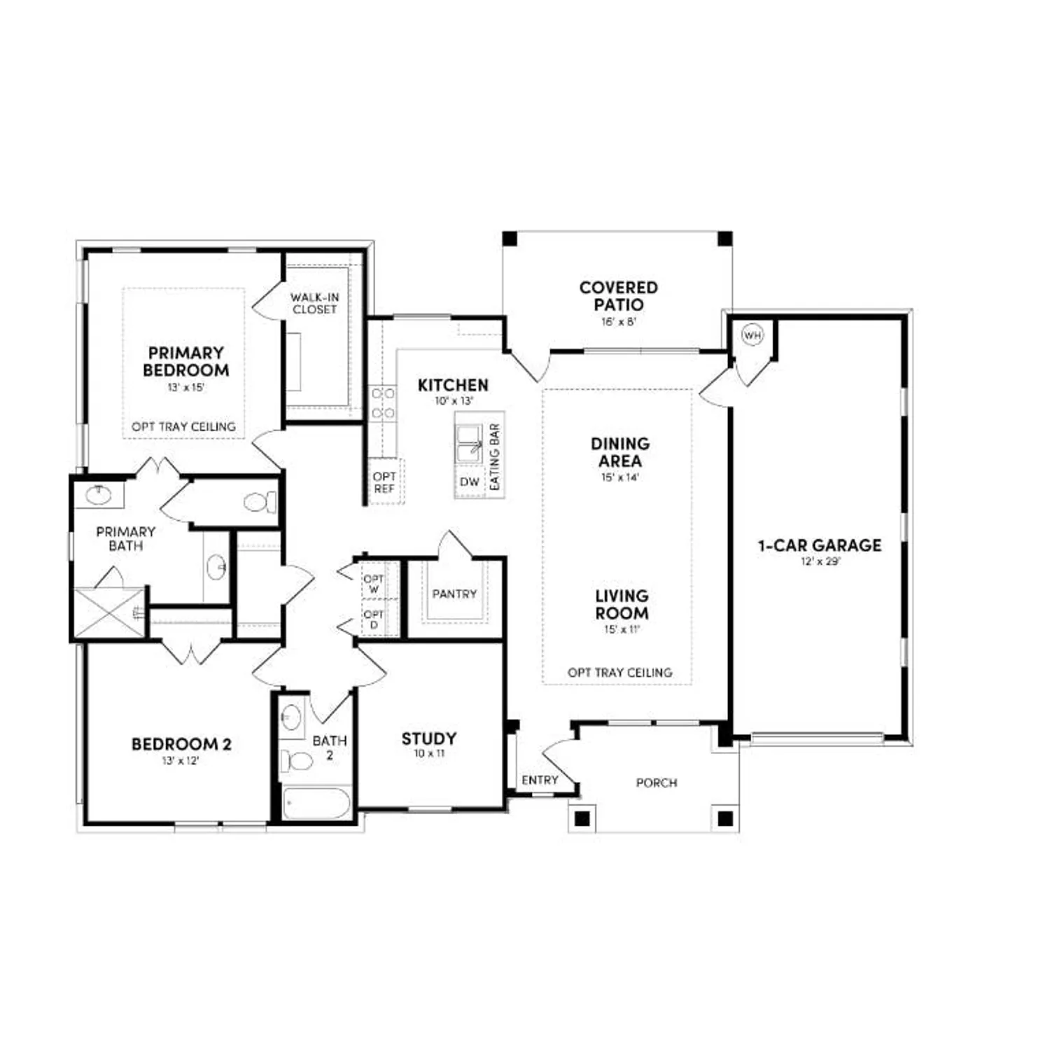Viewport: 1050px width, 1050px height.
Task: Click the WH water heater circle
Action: tap(752, 335)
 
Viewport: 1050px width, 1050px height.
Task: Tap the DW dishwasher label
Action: tap(470, 482)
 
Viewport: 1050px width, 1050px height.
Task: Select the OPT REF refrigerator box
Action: tap(384, 482)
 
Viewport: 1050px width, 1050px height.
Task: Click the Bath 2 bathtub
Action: tap(316, 803)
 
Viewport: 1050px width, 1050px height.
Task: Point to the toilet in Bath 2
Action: tap(297, 760)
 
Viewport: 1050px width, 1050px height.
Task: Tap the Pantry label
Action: tap(454, 594)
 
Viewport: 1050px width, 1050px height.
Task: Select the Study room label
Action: tap(428, 738)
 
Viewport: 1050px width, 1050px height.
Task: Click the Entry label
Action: tap(540, 780)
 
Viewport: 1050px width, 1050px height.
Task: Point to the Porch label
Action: tap(656, 783)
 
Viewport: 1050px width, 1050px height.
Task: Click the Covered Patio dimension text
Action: tap(618, 322)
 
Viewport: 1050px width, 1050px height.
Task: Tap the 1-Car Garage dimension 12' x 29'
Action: tap(820, 561)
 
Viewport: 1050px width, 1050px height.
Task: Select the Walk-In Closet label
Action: tap(315, 303)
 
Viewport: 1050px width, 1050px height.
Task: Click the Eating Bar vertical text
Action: tap(495, 456)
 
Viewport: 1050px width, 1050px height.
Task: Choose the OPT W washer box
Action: tap(374, 584)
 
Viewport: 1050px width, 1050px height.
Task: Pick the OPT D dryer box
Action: tap(374, 619)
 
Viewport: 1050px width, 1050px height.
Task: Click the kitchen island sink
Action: tap(469, 444)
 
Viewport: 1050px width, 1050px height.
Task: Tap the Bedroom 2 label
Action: tap(181, 744)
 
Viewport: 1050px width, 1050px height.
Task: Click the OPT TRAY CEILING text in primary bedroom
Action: tap(183, 426)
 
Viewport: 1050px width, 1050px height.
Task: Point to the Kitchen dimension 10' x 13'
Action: tap(454, 401)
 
